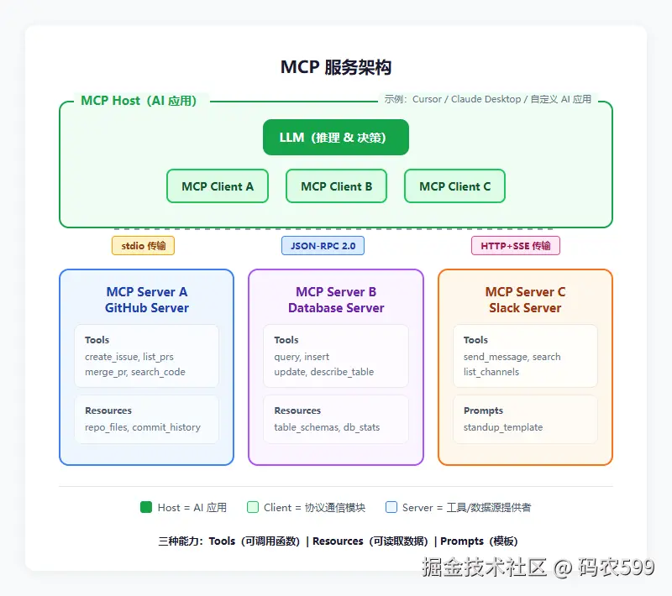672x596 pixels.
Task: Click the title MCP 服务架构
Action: point(335,67)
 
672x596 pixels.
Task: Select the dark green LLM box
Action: point(335,137)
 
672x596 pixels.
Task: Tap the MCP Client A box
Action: point(218,186)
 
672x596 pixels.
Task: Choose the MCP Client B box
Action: point(337,186)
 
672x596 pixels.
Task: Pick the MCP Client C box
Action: point(454,186)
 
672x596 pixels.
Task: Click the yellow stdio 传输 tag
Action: point(143,246)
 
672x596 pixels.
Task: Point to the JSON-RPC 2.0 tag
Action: point(323,246)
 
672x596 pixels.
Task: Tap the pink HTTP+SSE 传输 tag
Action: point(516,246)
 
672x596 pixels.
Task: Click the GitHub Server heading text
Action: point(147,308)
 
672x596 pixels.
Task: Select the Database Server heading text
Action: point(336,308)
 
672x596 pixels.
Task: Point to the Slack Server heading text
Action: point(525,308)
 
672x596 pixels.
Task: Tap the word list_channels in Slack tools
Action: point(491,372)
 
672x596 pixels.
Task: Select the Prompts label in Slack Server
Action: point(483,410)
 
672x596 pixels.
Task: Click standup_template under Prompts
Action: point(502,427)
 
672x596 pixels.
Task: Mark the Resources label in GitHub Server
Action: point(108,410)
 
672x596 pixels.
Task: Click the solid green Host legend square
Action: point(146,507)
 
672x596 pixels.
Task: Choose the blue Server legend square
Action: point(391,507)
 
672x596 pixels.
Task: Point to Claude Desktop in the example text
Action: point(486,99)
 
